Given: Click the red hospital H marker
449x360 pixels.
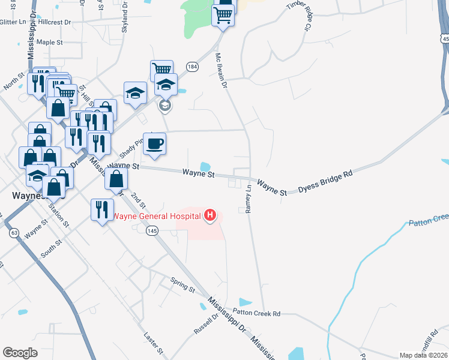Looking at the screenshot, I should pyautogui.click(x=210, y=215).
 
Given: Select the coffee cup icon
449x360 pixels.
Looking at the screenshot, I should pyautogui.click(x=155, y=144).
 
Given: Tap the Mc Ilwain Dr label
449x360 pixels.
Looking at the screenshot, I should pyautogui.click(x=222, y=71).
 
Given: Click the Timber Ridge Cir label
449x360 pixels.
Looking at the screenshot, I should pyautogui.click(x=301, y=16).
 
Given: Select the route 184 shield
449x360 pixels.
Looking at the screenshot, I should pyautogui.click(x=191, y=66).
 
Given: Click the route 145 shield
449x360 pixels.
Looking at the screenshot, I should pyautogui.click(x=152, y=230).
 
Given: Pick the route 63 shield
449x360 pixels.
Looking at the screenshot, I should pyautogui.click(x=14, y=232).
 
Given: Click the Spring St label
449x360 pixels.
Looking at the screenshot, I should pyautogui.click(x=183, y=285).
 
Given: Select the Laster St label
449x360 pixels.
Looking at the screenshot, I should pyautogui.click(x=154, y=342).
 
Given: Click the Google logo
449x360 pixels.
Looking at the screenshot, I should pyautogui.click(x=20, y=352).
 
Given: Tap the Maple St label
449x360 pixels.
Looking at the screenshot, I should pyautogui.click(x=49, y=43).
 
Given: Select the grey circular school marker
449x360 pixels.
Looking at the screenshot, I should pyautogui.click(x=165, y=106).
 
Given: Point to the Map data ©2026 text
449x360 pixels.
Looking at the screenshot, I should pyautogui.click(x=424, y=355).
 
